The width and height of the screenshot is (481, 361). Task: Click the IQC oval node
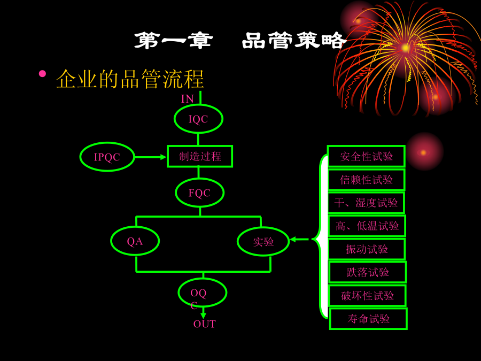pos(198,119)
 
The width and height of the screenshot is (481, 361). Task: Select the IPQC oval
pos(107,157)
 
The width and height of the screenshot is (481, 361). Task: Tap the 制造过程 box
pos(200,156)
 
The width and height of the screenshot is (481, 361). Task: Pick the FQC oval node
pos(199,193)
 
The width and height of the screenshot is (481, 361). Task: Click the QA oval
pos(135,241)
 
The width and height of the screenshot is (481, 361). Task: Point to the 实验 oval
pos(263,241)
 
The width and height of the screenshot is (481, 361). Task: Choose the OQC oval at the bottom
pos(202,293)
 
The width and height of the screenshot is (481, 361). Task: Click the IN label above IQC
pos(188,99)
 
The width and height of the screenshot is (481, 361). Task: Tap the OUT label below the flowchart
pos(204,324)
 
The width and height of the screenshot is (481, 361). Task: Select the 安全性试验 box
pos(366,156)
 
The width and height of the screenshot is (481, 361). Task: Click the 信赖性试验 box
pos(366,180)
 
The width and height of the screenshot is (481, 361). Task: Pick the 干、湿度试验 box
pos(366,203)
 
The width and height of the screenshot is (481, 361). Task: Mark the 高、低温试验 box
pos(367,226)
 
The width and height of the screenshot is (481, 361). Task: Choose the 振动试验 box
pos(367,249)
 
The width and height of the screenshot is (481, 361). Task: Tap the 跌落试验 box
pos(367,272)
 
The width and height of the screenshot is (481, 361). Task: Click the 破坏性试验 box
pos(367,295)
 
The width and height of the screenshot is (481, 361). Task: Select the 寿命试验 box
pos(368,319)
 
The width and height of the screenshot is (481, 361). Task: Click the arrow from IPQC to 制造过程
pos(151,157)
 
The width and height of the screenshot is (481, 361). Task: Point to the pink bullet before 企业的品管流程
pos(43,73)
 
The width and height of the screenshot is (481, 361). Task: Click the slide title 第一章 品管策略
pos(240,41)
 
